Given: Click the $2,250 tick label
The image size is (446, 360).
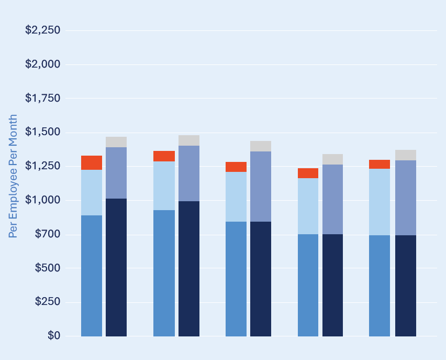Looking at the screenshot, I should [43, 30].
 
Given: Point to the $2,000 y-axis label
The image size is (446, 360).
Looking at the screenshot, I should [43, 64].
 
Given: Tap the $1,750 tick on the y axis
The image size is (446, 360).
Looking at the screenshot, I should [43, 98].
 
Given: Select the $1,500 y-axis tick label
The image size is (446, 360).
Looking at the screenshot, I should [43, 132].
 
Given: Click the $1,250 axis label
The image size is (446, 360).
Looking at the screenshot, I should [43, 166].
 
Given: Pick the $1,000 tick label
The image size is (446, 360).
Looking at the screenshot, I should [43, 200].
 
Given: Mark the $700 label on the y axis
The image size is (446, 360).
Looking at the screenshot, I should [47, 234].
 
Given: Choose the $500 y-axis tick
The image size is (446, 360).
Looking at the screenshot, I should [47, 268].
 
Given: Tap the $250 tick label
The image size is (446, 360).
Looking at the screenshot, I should [47, 302].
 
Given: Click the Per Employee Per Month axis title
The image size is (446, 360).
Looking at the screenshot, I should [13, 176].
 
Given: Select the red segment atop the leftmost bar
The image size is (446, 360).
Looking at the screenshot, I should [92, 162].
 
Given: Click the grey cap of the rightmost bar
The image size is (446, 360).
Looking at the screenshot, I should [405, 155].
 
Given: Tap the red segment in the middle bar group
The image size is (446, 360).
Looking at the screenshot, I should [236, 167].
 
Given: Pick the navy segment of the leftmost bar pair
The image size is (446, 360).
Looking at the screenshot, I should [116, 267].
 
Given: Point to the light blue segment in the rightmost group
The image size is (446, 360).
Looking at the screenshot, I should [380, 202].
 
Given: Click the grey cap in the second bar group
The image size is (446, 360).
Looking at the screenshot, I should [189, 140].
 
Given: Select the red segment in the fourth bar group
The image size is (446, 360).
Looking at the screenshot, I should [308, 173].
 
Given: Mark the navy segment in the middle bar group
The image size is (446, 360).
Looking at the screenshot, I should [261, 279].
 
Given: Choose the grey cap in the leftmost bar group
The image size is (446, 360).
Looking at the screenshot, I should [116, 142].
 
